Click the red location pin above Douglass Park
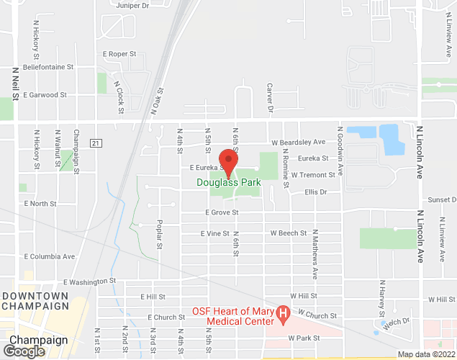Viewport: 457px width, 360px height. pos(228,163)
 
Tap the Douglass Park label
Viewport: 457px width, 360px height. pos(229,183)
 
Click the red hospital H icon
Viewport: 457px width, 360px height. pos(283,314)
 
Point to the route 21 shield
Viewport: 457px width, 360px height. pos(96,143)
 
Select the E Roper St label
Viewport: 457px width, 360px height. pos(119,54)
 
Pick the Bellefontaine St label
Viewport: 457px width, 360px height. pos(48,67)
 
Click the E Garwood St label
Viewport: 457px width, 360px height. pos(45,94)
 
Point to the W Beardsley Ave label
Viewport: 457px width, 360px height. pos(298,142)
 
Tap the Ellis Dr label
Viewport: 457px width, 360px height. pos(315,192)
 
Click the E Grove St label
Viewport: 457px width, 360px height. pos(222,212)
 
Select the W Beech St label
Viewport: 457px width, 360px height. pos(289,233)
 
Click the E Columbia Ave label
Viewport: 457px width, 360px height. pos(50,256)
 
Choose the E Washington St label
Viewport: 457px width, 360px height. pos(89,282)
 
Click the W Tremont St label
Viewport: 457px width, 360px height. pos(312,175)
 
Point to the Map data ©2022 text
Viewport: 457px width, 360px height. pos(426,354)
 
